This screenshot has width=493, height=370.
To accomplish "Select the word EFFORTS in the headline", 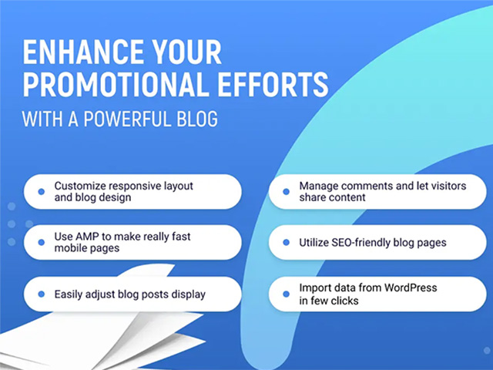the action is (x=273, y=84).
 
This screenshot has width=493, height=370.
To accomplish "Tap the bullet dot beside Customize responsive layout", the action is (x=41, y=192).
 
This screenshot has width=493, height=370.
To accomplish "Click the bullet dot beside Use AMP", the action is (x=41, y=242).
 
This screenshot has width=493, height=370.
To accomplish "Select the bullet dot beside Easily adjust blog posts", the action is (x=41, y=294).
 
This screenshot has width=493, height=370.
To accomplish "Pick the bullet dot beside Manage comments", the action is (x=286, y=192).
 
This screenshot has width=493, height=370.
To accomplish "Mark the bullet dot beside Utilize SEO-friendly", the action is (x=286, y=242).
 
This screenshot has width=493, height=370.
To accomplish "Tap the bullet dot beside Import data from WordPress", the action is (x=286, y=294).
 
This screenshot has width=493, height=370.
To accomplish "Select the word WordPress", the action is (x=411, y=288).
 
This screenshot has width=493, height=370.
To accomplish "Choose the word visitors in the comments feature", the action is (x=447, y=186).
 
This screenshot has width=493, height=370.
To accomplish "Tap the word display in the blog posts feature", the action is (x=188, y=294).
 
